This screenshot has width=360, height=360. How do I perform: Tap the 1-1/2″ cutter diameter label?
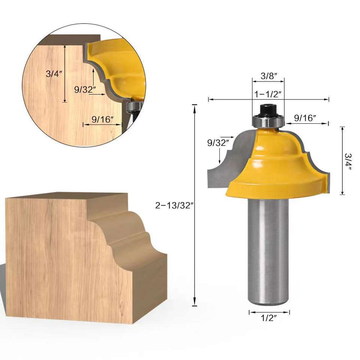click(x=267, y=94)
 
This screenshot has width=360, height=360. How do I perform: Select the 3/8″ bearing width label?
click(x=269, y=76)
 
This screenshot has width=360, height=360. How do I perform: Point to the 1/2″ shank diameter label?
click(x=268, y=318)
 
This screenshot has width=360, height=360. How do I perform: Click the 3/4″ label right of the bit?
click(x=348, y=162)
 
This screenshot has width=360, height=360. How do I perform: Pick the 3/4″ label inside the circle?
click(x=54, y=74)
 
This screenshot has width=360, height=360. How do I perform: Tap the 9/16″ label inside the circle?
click(x=103, y=119)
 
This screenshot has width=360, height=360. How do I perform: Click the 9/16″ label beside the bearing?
click(x=305, y=118)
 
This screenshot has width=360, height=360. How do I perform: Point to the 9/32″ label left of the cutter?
click(x=218, y=143)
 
